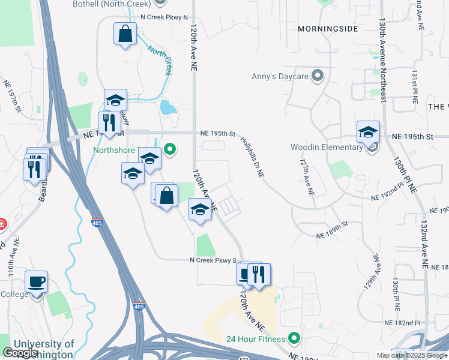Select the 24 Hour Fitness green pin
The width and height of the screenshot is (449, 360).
click(x=294, y=338)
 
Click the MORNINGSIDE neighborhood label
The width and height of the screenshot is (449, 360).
click(x=328, y=28)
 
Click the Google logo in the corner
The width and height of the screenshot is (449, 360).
click(x=20, y=353)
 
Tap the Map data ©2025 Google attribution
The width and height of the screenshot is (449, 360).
click(x=412, y=355)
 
